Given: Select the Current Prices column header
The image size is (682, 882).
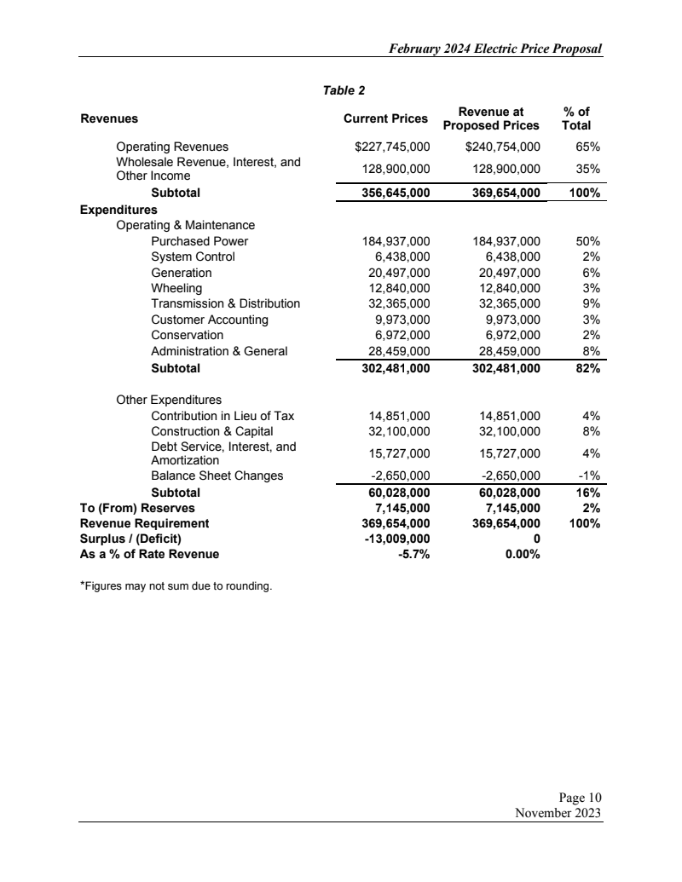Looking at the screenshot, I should click(x=385, y=118).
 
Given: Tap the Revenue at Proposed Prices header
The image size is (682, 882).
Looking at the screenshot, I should click(x=491, y=118).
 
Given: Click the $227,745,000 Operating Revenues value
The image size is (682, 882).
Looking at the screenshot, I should click(x=392, y=147).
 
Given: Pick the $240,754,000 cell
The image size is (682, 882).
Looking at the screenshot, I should click(x=503, y=147).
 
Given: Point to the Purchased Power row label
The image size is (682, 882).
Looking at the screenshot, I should click(x=199, y=241).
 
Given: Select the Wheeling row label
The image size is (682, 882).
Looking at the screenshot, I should click(x=176, y=288).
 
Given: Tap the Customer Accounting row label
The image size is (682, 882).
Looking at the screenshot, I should click(x=209, y=320).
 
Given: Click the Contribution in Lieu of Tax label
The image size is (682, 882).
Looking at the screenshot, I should click(x=222, y=416).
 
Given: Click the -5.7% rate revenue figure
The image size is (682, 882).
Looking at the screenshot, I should click(x=413, y=554).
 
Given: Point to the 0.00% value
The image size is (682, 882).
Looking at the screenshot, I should click(x=522, y=554).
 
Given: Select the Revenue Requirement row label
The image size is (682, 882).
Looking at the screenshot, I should click(x=144, y=523).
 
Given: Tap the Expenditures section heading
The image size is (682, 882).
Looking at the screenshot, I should click(x=118, y=209).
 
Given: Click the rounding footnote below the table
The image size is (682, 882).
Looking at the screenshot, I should click(x=176, y=585).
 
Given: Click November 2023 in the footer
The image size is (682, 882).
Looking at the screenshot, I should click(x=558, y=812).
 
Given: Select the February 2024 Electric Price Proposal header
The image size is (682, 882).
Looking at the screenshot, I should click(x=495, y=49).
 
